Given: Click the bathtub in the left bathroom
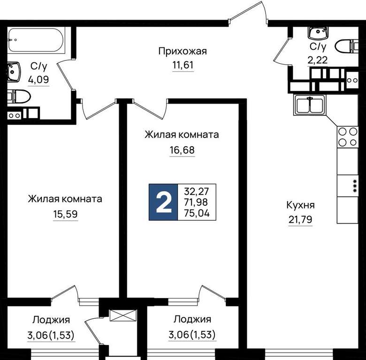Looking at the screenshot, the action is pos(36,40).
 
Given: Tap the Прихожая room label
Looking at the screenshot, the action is pos(183,51).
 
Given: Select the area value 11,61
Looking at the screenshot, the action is pos(183,65).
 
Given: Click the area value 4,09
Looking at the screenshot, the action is pos(38,80).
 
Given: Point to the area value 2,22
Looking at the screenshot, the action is pos(318,60).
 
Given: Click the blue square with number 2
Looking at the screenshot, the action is pos(163,202).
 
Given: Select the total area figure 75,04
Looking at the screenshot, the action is pos(197,213).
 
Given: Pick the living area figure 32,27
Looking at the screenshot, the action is pos(197,191).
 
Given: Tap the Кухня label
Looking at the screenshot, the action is pos(300,205).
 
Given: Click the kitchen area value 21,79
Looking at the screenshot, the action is pos(300,219).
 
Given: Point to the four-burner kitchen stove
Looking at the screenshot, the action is pos(348,137).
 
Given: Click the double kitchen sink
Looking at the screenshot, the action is pos(310,105).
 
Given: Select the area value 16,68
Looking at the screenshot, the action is pos(182,150).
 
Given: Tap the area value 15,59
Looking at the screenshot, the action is pos(65,214).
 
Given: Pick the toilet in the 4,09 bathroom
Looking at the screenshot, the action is pos(19,97).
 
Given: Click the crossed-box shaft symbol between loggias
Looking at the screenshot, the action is pos(123,315).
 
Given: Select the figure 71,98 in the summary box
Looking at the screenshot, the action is pos(196,202).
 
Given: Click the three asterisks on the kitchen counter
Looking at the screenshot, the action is pos(355,186).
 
